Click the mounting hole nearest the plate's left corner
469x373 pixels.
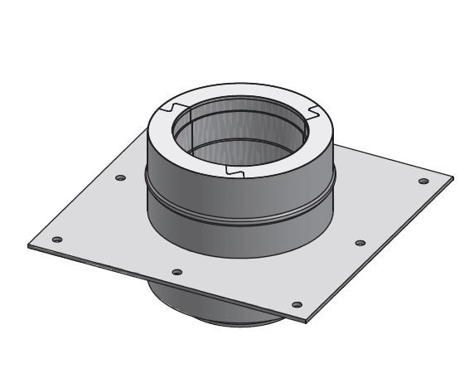pyautogui.click(x=56, y=240)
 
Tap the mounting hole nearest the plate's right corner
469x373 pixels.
pyautogui.click(x=423, y=182)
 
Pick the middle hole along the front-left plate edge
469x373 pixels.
pyautogui.click(x=176, y=272)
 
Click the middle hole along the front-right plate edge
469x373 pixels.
pyautogui.click(x=360, y=243)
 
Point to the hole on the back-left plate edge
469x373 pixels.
pyautogui.click(x=121, y=178)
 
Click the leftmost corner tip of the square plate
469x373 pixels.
pyautogui.click(x=27, y=245)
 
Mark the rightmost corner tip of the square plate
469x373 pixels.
pyautogui.click(x=453, y=177)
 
